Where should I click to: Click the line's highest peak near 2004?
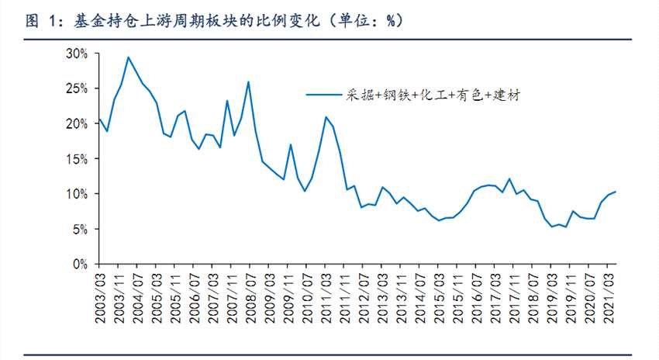[x=128, y=57]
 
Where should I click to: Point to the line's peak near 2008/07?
[x=248, y=81]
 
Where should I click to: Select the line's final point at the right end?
[x=616, y=192]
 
